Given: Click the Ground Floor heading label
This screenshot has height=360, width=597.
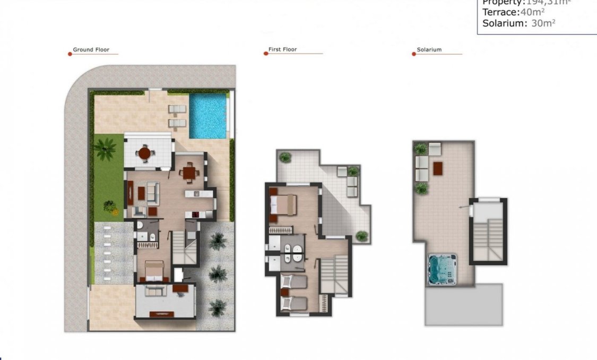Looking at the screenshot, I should pos(91,50).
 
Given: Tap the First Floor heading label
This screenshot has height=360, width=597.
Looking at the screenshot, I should pos(282,49).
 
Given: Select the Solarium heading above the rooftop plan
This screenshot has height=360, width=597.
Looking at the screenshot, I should pos(429,50).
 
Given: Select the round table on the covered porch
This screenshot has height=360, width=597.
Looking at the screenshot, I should pos(144,153).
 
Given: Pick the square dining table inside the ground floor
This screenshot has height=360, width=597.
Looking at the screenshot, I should pos(188,173).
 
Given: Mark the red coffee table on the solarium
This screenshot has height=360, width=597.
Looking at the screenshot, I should pos(438,168).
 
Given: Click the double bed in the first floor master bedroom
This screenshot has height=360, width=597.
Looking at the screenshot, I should pos(282,204).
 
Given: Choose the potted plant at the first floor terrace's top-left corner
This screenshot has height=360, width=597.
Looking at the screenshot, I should pos(285,157).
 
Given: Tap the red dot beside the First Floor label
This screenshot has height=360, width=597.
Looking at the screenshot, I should pos(266,53).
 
